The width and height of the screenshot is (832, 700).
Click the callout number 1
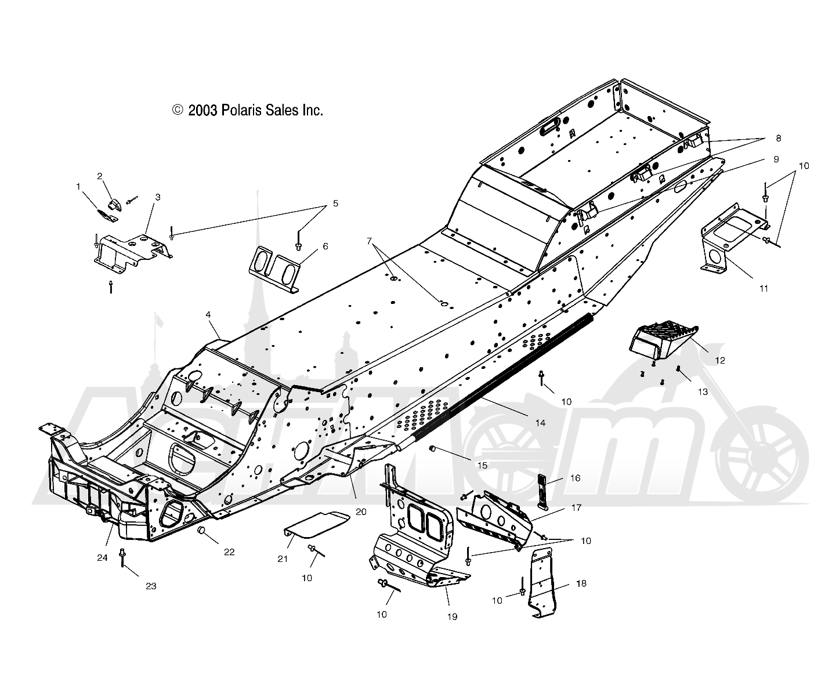[x=78, y=187]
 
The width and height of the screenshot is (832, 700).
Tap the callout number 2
[x=100, y=176]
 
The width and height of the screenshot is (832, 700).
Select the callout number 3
[x=158, y=197]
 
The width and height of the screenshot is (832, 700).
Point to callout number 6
[x=325, y=246]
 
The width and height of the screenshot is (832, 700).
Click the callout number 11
[x=764, y=288]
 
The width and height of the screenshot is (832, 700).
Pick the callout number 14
[x=540, y=423]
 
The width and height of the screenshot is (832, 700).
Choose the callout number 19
[x=452, y=616]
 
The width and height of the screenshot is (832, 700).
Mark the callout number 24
[x=103, y=558]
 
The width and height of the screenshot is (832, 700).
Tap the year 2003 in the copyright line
[x=203, y=110]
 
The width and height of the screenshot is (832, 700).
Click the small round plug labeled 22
[x=202, y=531]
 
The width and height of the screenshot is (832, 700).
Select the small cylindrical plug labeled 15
[x=431, y=449]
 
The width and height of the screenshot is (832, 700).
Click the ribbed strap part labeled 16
[x=542, y=492]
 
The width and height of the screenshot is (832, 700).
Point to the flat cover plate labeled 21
[x=317, y=524]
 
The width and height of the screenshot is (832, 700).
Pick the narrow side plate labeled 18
[x=542, y=583]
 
